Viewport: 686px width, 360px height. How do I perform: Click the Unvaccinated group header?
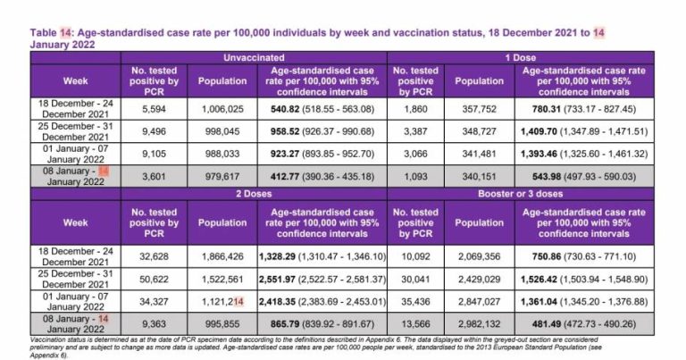254,56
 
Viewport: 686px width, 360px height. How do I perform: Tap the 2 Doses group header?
254,192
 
